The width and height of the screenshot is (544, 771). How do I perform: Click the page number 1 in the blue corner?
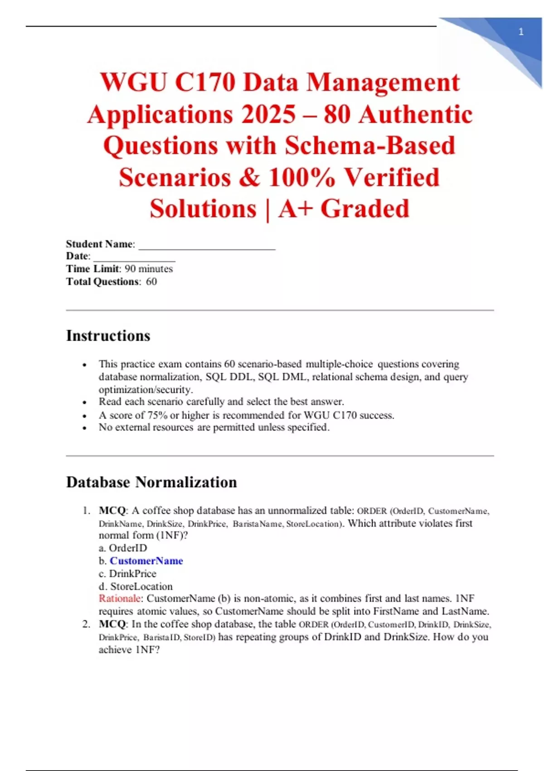[x=521, y=32]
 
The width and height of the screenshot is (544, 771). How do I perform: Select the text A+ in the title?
[x=296, y=209]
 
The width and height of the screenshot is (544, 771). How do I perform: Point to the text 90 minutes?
[x=149, y=269]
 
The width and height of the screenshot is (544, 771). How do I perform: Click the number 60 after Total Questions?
[x=151, y=282]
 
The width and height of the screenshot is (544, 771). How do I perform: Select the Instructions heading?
[x=108, y=336]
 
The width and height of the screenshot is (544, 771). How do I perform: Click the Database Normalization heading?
[x=151, y=482]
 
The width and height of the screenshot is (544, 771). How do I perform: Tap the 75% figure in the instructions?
[x=158, y=415]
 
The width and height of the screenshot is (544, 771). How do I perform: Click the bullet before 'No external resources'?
[x=84, y=428]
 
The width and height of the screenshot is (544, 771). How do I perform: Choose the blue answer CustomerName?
[x=146, y=561]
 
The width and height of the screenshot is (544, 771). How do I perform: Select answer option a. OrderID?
[x=123, y=548]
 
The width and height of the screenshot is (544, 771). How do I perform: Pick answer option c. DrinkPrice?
[x=127, y=574]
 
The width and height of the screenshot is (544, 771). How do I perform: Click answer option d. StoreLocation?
[x=136, y=586]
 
